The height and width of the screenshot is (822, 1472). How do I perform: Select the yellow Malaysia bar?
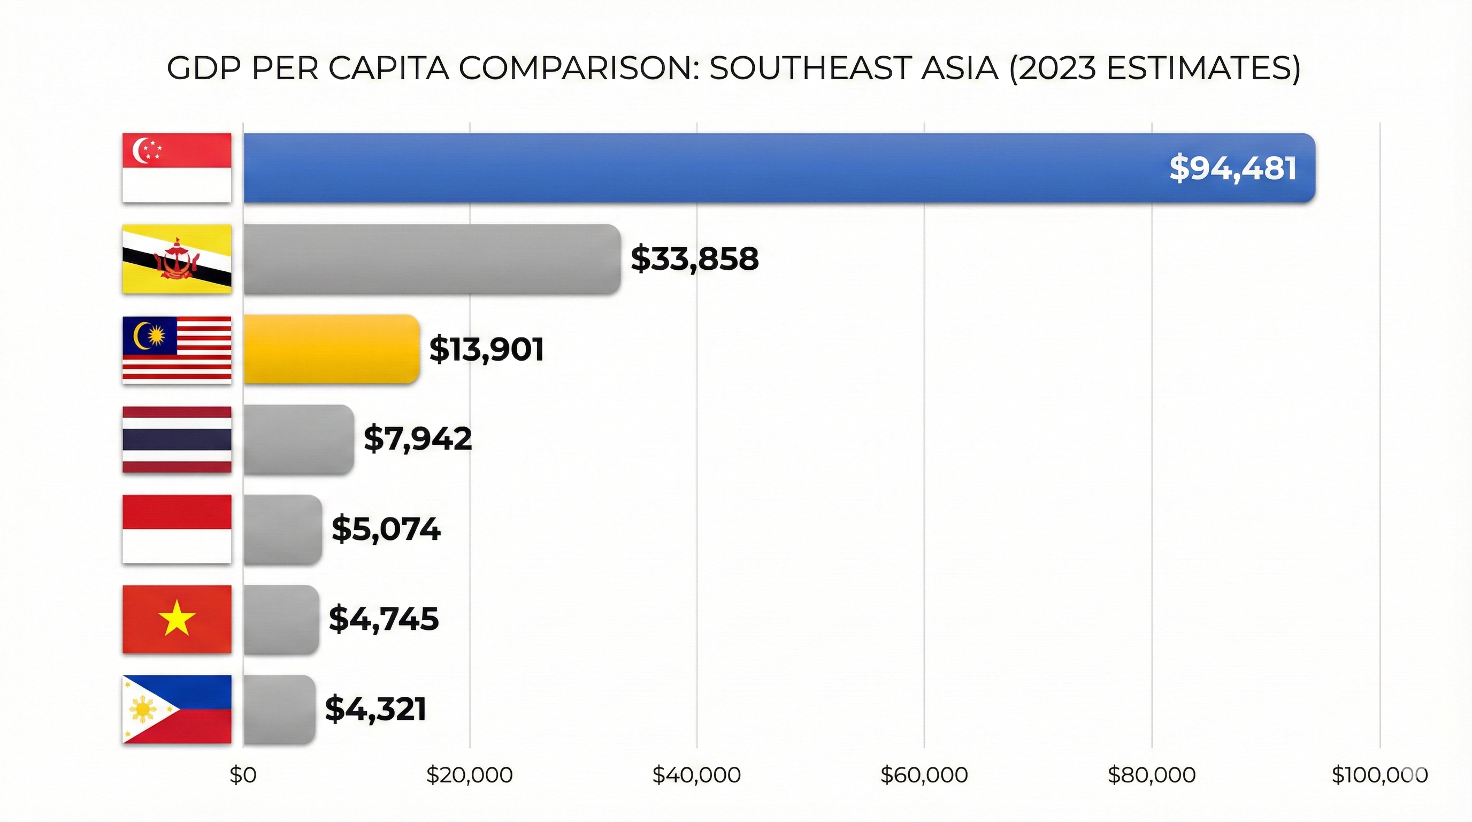[x=332, y=349]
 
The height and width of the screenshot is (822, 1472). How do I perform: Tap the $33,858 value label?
[x=694, y=259]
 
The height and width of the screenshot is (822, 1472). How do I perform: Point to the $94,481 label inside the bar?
[x=1232, y=169]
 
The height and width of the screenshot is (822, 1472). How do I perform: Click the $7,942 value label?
[x=418, y=439]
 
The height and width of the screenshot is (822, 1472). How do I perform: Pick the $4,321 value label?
[x=375, y=710]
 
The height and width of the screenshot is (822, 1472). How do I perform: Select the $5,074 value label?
[x=386, y=529]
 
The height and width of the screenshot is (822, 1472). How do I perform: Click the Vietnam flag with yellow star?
[x=177, y=619]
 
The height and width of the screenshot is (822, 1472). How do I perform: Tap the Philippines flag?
[x=177, y=710]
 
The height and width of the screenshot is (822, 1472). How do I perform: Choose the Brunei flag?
[x=177, y=259]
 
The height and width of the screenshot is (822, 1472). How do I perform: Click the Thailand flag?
[x=177, y=439]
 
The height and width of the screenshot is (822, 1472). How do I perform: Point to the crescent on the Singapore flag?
[x=139, y=150]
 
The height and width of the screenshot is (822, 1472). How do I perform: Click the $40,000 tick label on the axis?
[x=696, y=775]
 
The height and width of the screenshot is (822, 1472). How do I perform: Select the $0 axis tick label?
[x=243, y=775]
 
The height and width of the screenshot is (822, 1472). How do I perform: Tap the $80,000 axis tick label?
[x=1152, y=775]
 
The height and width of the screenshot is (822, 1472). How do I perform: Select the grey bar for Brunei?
[x=432, y=259]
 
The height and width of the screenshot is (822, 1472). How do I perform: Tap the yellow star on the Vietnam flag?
[x=177, y=618]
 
